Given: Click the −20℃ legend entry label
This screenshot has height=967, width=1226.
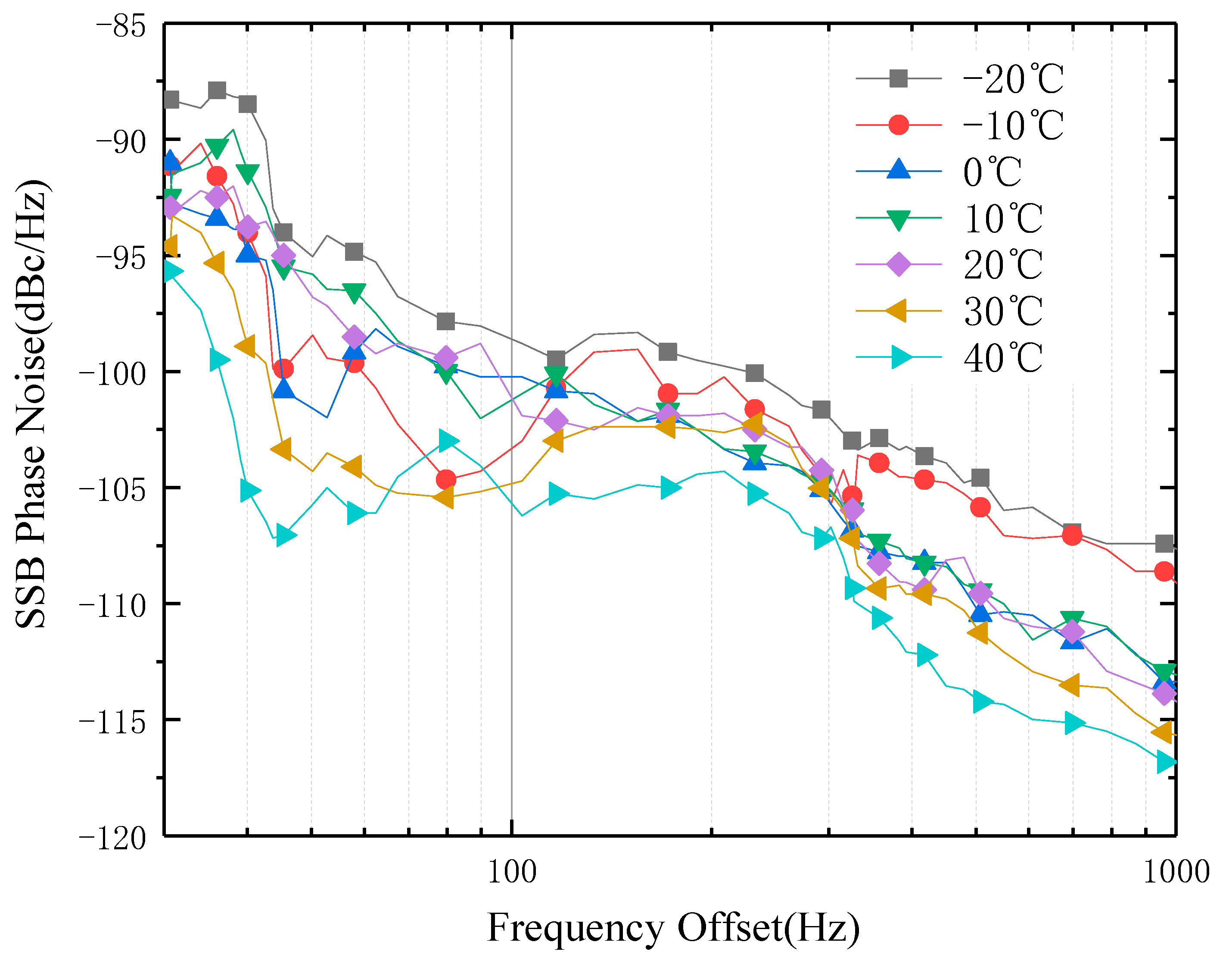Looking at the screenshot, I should [x=1012, y=79].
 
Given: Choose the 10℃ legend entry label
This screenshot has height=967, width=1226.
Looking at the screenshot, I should [x=1002, y=218].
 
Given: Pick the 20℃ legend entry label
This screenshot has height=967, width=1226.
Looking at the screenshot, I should [x=1002, y=264].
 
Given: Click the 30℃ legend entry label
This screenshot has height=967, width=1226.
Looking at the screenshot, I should [x=1002, y=311].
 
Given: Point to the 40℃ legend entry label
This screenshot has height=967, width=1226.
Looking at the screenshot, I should [x=1002, y=358].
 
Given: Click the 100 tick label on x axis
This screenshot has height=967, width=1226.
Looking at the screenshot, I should [x=511, y=872].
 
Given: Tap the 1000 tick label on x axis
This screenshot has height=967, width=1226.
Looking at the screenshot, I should [x=1176, y=872].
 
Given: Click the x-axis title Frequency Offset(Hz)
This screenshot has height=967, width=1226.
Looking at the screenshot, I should [x=673, y=929].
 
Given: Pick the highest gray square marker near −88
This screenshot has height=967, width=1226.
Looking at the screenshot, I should [x=217, y=90].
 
